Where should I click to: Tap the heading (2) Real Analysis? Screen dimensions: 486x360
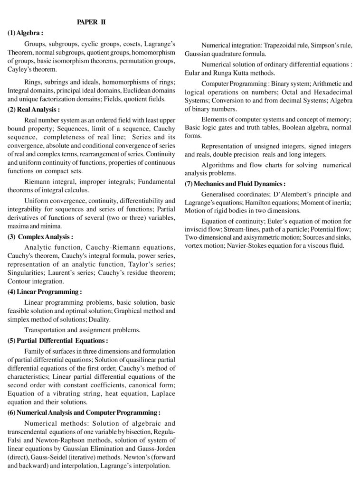(x=33, y=110)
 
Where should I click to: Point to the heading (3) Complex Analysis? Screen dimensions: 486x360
(x=40, y=236)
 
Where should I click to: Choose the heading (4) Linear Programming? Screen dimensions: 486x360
(x=45, y=292)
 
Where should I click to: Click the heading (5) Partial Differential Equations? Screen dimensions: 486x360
(x=57, y=340)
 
